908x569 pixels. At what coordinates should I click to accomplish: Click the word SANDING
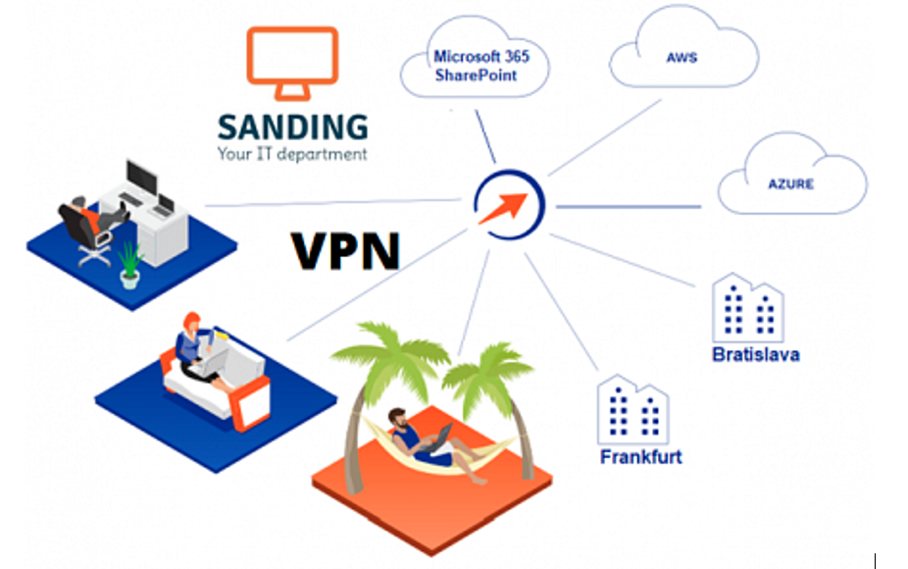click(x=293, y=129)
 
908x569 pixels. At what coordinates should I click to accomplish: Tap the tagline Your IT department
click(x=292, y=154)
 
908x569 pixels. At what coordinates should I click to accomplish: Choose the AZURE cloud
click(x=790, y=183)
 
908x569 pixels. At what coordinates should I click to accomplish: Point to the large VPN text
click(x=346, y=250)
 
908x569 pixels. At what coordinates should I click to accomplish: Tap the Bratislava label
click(x=755, y=354)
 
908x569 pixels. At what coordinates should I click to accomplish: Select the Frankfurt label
click(x=640, y=457)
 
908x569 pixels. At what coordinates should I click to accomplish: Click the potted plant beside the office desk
click(x=129, y=265)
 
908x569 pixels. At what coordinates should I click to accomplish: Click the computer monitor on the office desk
click(x=141, y=180)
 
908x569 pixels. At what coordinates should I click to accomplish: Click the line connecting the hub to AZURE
click(x=628, y=207)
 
